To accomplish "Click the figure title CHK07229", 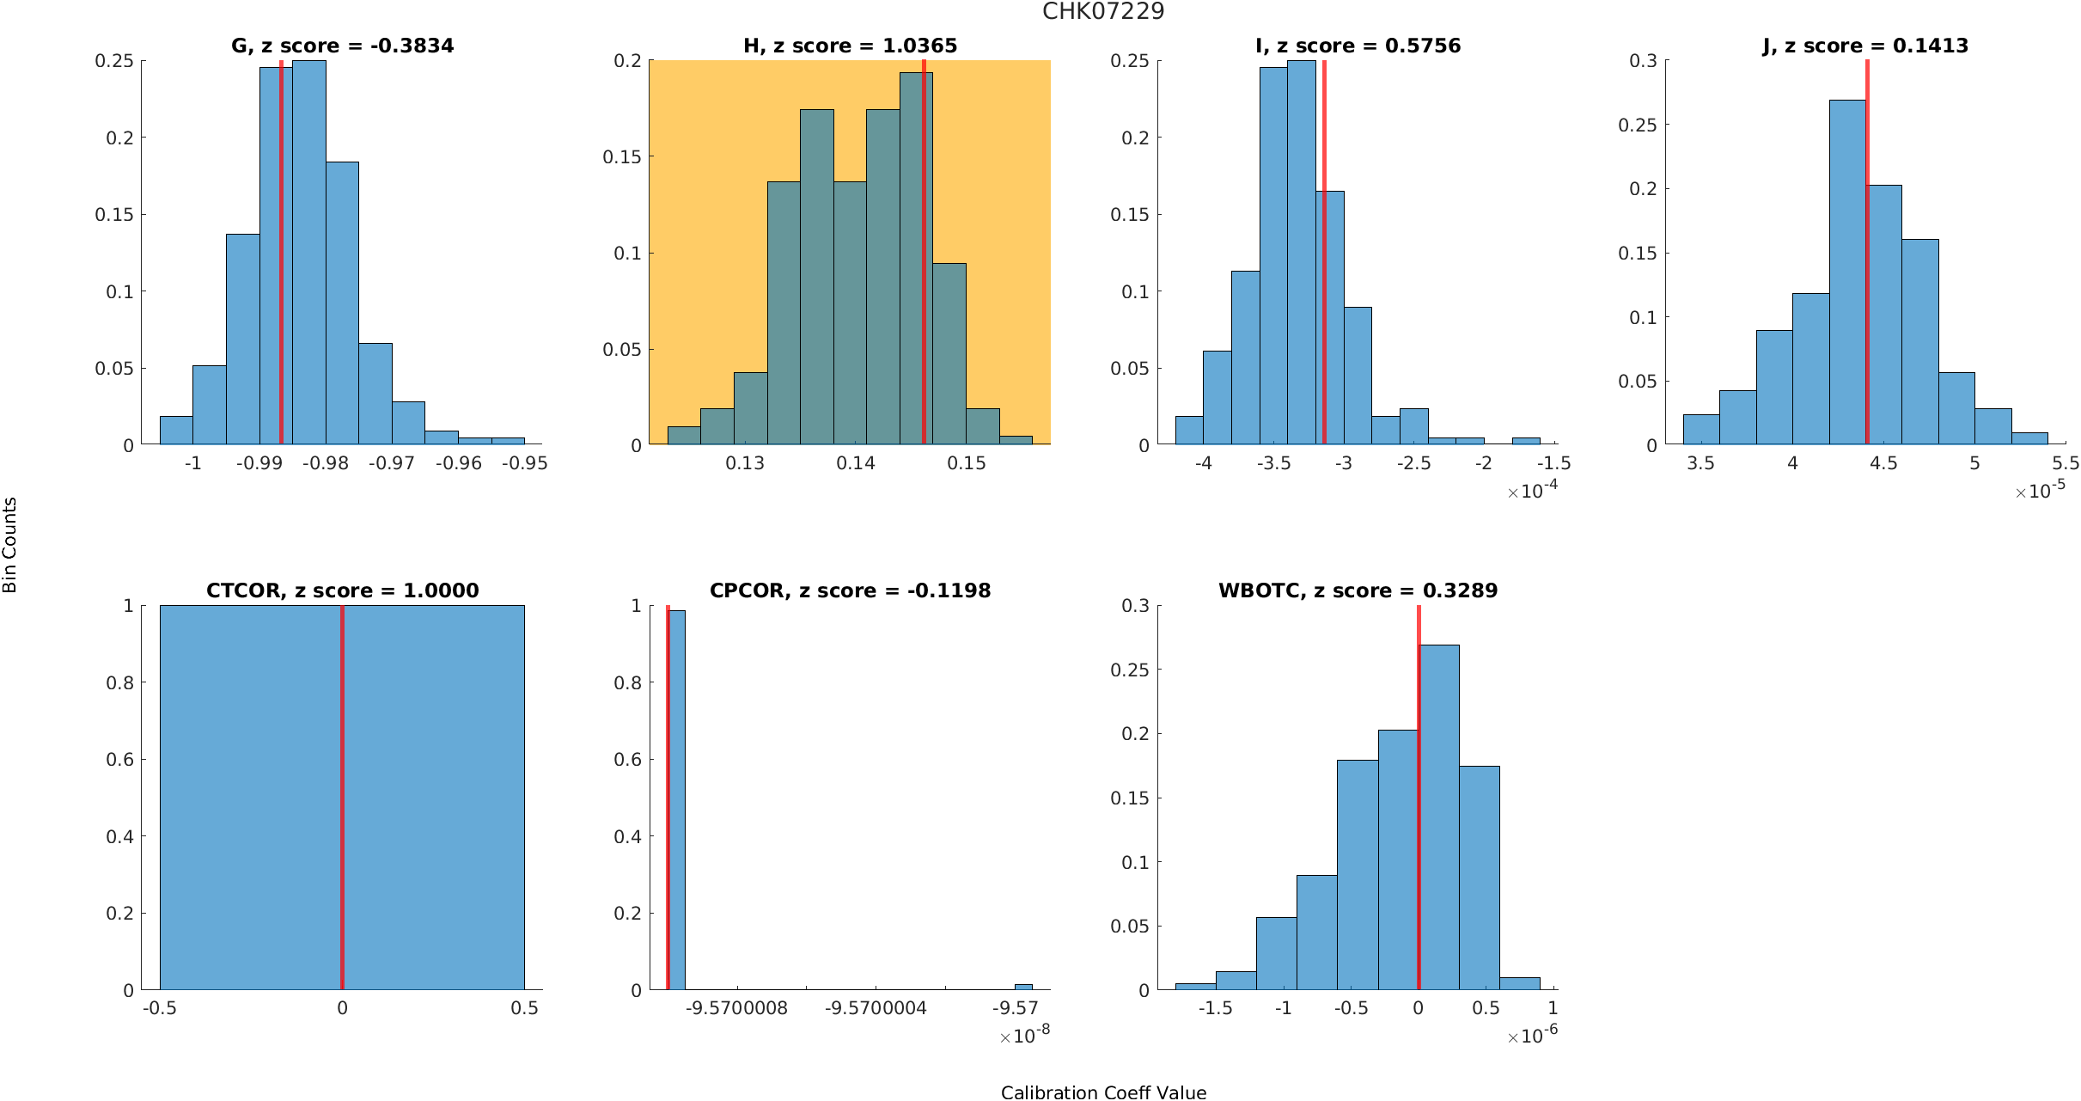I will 1103,12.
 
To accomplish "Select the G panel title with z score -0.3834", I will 342,46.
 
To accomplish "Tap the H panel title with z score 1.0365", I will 850,46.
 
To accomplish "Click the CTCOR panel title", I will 342,590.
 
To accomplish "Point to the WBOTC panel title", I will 1358,590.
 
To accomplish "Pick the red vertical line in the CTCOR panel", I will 342,799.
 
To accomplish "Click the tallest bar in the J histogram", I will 1847,275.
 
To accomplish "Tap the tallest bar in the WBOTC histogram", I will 1439,817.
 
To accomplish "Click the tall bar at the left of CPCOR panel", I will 677,799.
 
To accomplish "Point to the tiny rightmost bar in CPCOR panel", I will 1023,987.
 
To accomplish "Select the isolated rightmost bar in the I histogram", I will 1526,441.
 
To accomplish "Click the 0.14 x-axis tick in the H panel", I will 856,463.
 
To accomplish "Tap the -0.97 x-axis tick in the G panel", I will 392,463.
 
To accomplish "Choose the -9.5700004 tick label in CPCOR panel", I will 876,1008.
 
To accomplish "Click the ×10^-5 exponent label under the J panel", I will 2040,490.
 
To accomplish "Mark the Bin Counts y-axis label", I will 10,545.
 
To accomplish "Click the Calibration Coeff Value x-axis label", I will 1103,1092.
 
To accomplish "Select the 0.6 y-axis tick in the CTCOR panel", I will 119,760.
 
